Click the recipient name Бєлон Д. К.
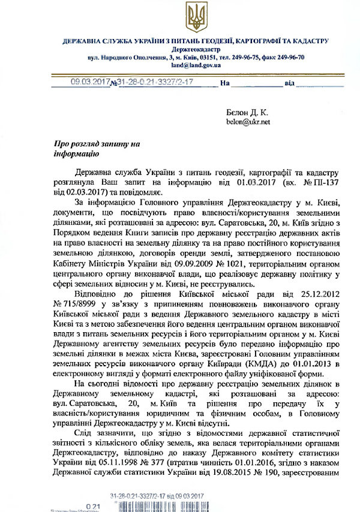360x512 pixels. pos(247,112)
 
